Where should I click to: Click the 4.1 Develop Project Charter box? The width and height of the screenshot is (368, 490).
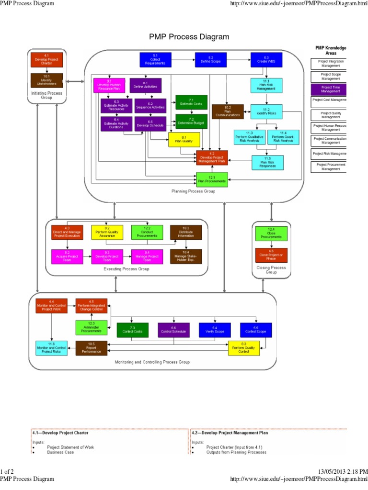[47, 60]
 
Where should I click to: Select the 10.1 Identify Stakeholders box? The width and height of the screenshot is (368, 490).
[47, 80]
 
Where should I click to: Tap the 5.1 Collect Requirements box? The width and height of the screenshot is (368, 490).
[156, 60]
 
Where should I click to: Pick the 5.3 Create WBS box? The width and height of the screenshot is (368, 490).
[266, 60]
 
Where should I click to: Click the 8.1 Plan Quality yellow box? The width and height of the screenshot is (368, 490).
[184, 140]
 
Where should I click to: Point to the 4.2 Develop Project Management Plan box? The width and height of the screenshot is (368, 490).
[212, 157]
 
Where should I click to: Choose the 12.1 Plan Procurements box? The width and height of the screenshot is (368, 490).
[212, 179]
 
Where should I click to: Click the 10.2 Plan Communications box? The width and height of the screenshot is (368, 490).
[228, 111]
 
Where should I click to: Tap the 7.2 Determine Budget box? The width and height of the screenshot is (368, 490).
[191, 122]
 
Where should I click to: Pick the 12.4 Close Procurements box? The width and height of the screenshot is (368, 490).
[271, 234]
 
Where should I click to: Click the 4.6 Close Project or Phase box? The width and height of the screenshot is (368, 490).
[271, 255]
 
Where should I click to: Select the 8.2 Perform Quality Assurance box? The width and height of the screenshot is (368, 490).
[107, 232]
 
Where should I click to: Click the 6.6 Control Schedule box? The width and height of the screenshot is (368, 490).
[174, 330]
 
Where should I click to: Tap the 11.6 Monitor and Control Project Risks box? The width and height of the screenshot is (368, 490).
[51, 348]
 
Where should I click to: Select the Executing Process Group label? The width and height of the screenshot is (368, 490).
[126, 269]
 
